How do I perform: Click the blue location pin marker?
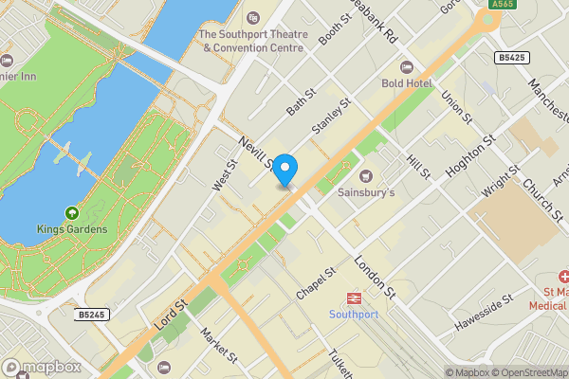[284, 169]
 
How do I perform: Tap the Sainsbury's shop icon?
[366, 174]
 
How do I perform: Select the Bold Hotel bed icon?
[407, 67]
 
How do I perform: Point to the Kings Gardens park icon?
[70, 213]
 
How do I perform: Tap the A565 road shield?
[504, 5]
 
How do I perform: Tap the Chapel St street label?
[316, 284]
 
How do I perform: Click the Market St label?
[219, 346]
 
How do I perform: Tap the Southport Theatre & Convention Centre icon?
[253, 19]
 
